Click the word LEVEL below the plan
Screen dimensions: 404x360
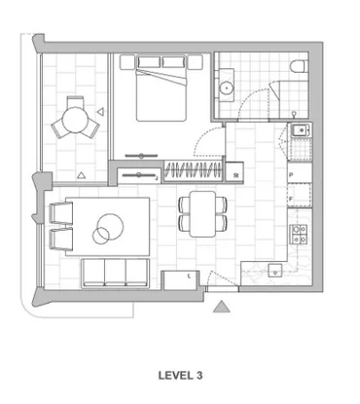[x=173, y=374]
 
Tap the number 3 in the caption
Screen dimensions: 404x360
[x=198, y=374]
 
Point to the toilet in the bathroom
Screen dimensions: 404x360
[x=299, y=66]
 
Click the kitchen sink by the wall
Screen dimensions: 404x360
[x=299, y=130]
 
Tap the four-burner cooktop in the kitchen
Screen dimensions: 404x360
[x=299, y=234]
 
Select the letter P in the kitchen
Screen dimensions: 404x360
[x=291, y=175]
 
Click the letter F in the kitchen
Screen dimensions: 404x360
[x=291, y=199]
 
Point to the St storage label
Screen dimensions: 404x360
[x=236, y=175]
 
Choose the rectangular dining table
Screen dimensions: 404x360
[x=202, y=214]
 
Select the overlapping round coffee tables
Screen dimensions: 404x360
[x=104, y=230]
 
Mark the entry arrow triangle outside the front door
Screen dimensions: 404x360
[x=222, y=309]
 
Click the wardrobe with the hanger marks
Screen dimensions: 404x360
[x=193, y=172]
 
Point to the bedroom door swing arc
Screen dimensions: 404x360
[x=209, y=146]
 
